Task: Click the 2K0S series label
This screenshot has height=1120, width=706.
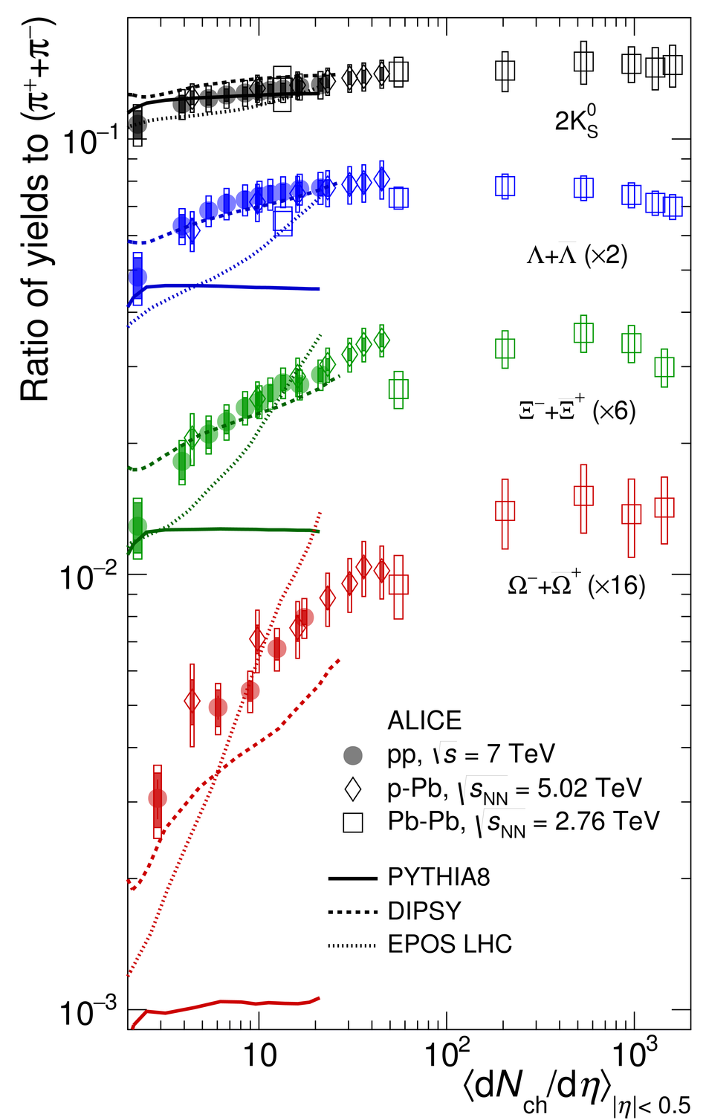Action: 576,121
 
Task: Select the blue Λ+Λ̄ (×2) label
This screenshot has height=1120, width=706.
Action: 577,256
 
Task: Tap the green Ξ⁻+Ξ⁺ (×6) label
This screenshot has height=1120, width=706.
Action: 577,410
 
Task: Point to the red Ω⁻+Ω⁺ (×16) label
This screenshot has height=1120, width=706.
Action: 576,585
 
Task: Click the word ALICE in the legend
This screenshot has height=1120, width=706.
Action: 424,720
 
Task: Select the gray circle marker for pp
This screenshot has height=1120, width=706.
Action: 352,755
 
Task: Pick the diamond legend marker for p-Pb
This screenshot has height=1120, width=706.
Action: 352,789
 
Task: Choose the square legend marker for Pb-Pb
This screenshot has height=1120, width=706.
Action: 352,823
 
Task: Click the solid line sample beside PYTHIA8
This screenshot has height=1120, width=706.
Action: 352,878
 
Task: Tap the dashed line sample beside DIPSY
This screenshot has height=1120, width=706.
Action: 352,911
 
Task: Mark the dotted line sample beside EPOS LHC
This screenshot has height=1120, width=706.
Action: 352,945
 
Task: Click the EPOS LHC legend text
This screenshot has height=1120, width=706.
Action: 450,945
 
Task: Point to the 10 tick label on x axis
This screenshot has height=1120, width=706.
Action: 259,1056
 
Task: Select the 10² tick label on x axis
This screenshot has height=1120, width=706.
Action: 446,1055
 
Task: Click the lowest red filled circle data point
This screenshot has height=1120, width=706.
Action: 157,798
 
